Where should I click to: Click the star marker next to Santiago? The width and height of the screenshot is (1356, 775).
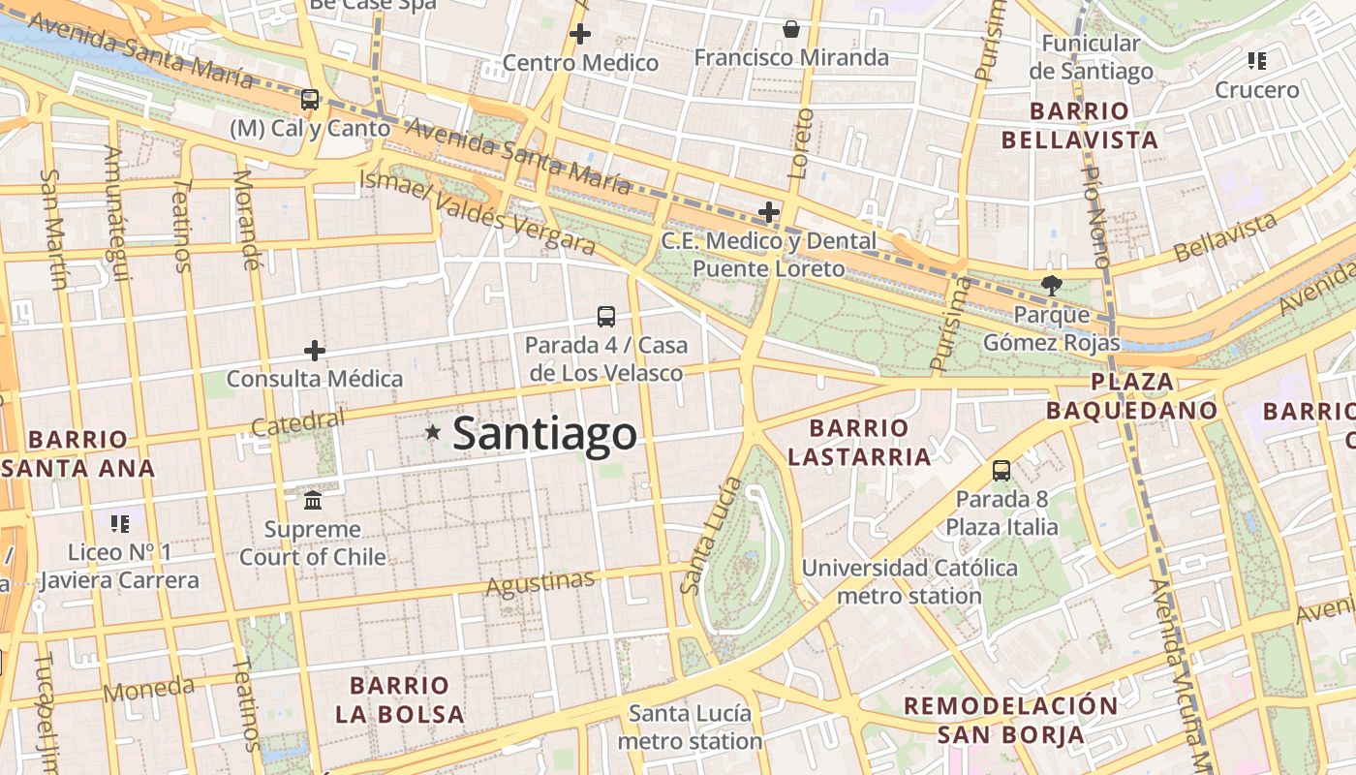pos(432,433)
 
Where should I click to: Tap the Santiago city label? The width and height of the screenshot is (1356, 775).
pos(544,434)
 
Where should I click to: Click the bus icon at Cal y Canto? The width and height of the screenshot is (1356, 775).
pos(310,99)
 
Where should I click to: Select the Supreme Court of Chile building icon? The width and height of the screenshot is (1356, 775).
pos(313,501)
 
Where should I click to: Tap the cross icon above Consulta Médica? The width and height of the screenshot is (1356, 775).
pos(315,351)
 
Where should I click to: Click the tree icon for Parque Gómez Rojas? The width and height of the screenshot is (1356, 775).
pos(1051,286)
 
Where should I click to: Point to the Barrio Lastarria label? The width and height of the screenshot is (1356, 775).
pos(859,442)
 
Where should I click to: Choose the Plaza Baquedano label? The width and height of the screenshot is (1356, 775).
pos(1131,395)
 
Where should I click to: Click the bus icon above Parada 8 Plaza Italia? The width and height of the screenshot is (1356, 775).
pos(1002,471)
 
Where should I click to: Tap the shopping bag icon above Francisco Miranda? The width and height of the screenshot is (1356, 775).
pos(791,29)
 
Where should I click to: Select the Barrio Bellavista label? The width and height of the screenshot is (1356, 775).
pos(1079,125)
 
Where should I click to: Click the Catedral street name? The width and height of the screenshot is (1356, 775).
pos(297,423)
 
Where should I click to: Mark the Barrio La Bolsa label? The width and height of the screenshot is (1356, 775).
pos(400,699)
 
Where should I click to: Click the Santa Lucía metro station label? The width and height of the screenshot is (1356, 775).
pos(690,727)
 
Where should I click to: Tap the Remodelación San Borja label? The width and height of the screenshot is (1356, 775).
pos(1010,719)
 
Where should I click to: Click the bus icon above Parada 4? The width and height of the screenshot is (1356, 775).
pos(606,316)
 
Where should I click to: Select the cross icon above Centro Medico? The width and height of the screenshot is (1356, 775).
pos(580,35)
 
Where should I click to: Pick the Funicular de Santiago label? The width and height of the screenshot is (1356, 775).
pos(1091,57)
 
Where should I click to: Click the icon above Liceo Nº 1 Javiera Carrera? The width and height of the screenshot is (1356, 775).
pos(120,524)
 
